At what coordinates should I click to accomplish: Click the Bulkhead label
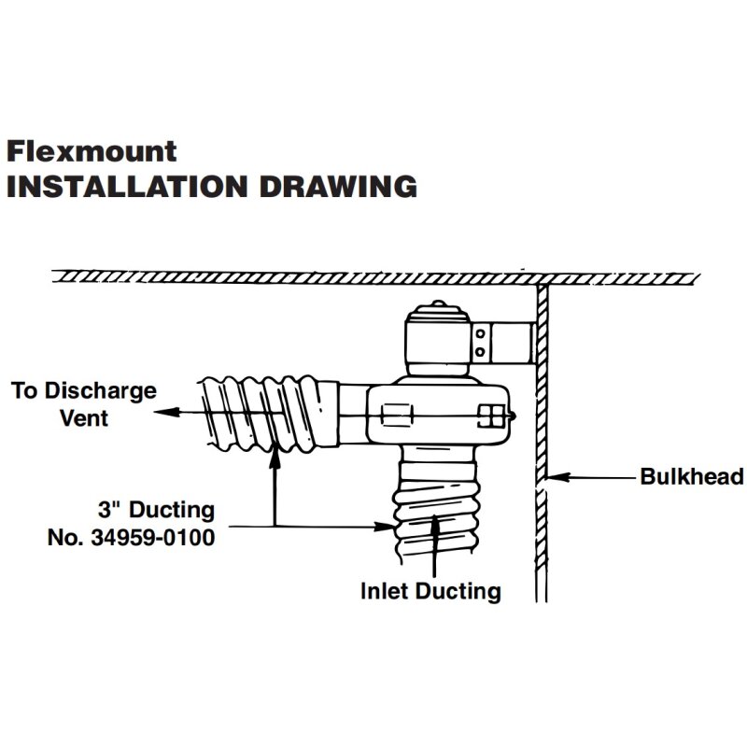691,477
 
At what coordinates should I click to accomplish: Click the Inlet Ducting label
431,590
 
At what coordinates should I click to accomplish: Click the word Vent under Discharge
84,417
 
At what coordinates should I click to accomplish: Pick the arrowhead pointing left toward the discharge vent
164,411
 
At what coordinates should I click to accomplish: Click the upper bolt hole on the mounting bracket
481,333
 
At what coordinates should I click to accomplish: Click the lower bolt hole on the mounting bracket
481,351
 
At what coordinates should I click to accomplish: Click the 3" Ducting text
156,511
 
